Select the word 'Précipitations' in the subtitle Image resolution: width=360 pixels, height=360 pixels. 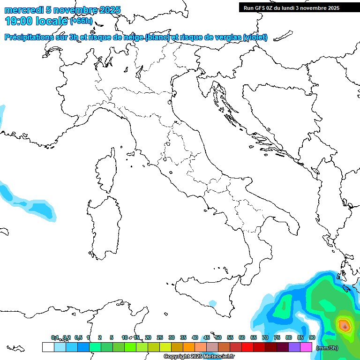click(35, 37)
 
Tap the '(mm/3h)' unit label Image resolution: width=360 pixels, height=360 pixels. click(327, 348)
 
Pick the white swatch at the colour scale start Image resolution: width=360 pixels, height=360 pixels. click(48, 347)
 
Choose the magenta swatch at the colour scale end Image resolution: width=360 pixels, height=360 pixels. click(306, 347)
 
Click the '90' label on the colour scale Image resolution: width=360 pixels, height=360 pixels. click(312, 337)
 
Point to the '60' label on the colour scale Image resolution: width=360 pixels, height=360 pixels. click(242, 337)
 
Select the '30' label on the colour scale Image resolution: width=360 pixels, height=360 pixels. click(172, 337)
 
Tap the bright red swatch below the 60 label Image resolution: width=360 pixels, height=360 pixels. click(247, 347)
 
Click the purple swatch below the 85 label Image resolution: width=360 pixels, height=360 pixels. click(294, 347)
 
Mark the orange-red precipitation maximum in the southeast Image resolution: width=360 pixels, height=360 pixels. click(345, 324)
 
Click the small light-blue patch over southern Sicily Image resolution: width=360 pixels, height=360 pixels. click(213, 304)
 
